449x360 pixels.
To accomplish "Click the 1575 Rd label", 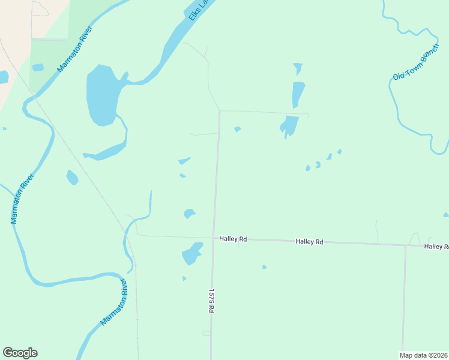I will coord(211,301).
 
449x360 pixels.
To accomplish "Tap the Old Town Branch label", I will coord(416,64).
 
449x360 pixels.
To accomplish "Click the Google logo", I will coord(20,353).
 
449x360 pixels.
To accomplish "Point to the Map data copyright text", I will coord(424,355).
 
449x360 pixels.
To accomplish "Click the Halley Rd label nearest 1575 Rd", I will coord(233,239).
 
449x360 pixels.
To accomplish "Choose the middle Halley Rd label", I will coord(309,242).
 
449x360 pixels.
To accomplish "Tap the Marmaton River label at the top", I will coord(74,49).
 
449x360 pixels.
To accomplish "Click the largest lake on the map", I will coord(101,94).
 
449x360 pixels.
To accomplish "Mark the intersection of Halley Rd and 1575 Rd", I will coord(213,238).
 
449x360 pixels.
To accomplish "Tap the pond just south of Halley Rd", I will coord(191,254).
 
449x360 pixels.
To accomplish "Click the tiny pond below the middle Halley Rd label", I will coord(264,267).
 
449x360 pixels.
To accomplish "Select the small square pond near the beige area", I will coord(38,67).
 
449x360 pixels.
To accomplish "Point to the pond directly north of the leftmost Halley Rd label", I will coord(190,213).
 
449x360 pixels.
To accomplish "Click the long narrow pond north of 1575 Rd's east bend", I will coord(298,94).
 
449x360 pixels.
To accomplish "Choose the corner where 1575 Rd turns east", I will coord(220,111).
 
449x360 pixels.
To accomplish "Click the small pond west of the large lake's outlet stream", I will coord(72,178).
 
